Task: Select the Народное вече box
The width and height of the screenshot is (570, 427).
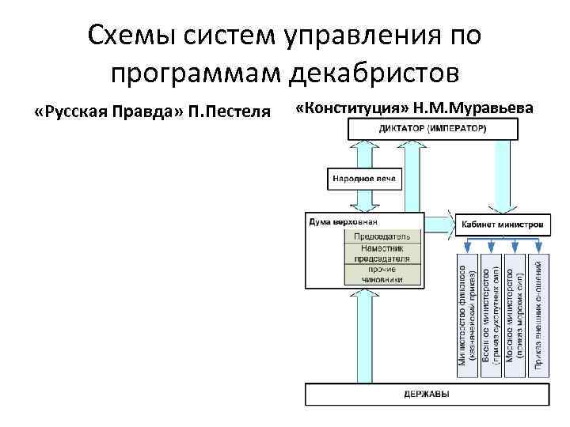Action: (363, 179)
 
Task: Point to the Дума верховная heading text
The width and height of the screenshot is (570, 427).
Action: (338, 222)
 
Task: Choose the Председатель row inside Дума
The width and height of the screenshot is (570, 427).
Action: (382, 236)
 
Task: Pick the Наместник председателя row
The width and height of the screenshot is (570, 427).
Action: (382, 253)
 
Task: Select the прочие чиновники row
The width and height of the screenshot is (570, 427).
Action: (382, 274)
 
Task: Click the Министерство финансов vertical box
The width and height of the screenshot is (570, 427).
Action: (468, 312)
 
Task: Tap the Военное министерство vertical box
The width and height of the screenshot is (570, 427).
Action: (491, 312)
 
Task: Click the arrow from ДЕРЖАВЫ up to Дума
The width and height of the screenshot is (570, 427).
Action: (363, 336)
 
